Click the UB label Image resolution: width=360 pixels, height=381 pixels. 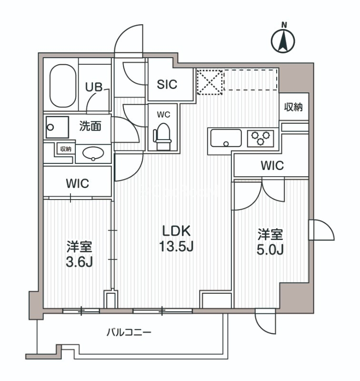click(x=93, y=87)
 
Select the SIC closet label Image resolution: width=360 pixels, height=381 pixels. click(x=167, y=84)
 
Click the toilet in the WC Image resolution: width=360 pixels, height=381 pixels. click(x=162, y=133)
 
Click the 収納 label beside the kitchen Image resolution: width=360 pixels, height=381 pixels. click(x=294, y=107)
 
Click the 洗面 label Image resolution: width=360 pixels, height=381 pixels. click(x=90, y=127)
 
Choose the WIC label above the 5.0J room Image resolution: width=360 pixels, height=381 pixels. click(x=272, y=166)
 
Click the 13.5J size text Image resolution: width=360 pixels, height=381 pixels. click(x=177, y=247)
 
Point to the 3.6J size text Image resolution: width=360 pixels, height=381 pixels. click(x=79, y=262)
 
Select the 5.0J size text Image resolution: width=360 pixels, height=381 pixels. click(x=270, y=250)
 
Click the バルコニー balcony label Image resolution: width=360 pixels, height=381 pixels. click(x=129, y=332)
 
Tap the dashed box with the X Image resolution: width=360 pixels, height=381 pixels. click(x=210, y=82)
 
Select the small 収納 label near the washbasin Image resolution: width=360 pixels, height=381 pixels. click(x=66, y=149)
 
